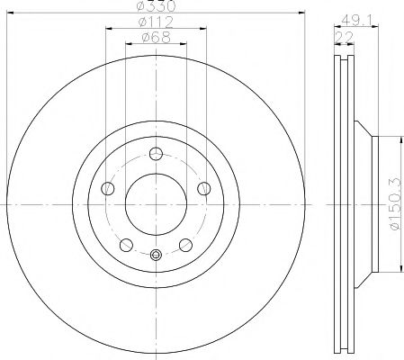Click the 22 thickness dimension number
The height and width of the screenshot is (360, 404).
click(x=344, y=38)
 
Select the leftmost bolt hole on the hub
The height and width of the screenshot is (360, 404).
click(x=108, y=188)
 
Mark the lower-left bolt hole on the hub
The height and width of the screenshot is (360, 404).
click(x=126, y=244)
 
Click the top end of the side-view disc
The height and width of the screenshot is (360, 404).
click(x=344, y=56)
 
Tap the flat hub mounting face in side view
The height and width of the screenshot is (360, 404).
click(x=375, y=203)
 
